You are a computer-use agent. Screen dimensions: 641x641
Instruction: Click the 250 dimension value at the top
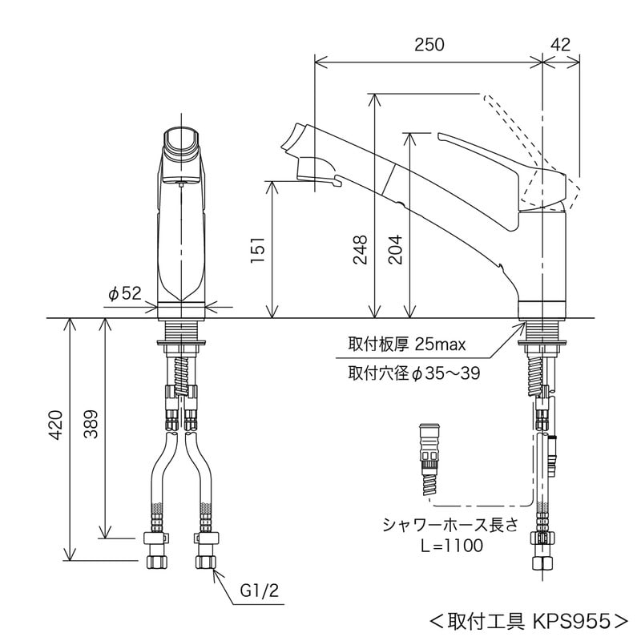pos(429,45)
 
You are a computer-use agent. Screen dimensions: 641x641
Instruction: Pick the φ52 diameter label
pos(124,294)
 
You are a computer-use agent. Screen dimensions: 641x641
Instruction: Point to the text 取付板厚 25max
pos(406,345)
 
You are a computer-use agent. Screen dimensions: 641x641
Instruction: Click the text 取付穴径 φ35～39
pos(413,373)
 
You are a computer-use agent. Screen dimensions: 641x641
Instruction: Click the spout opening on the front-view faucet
pos(182,143)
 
